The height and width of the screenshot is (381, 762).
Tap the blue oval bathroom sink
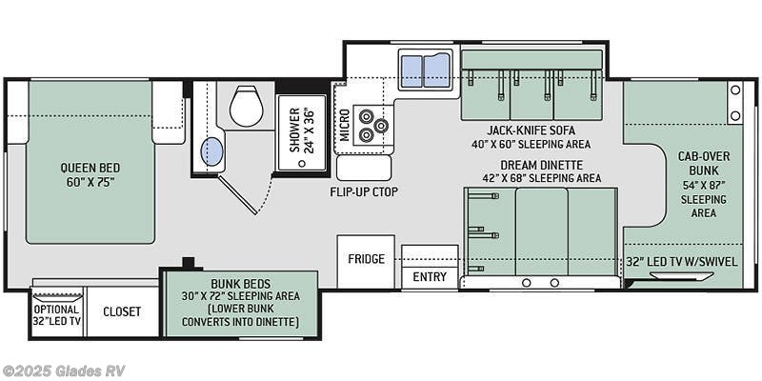(211, 151)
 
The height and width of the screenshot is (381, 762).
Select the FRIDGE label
(366, 258)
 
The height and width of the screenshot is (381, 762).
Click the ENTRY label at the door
(430, 277)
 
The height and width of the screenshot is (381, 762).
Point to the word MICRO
(345, 125)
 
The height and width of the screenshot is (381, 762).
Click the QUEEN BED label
(90, 169)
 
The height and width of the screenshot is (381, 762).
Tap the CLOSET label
(122, 311)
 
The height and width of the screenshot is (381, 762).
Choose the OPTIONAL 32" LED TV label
(57, 315)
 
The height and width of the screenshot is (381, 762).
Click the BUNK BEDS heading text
(241, 283)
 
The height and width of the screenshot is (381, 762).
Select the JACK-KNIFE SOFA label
(531, 130)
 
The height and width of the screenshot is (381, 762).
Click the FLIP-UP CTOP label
(364, 192)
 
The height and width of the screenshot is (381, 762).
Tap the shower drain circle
(302, 164)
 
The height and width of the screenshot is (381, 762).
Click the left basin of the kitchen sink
(411, 70)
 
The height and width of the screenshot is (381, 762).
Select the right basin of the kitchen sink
(437, 70)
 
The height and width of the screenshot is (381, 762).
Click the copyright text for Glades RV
(63, 371)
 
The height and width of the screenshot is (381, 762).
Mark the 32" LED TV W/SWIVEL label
(682, 262)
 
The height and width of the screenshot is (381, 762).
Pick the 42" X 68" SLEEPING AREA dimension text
(542, 178)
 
